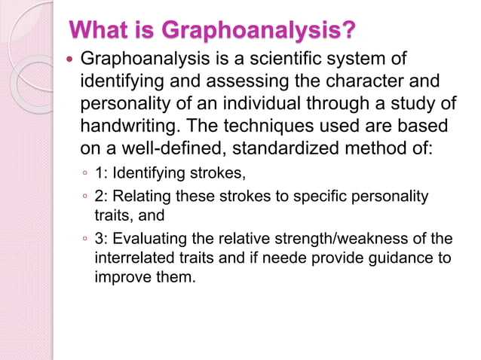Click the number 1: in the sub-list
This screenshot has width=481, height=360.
[x=102, y=175]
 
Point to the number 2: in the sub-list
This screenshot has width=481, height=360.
[x=102, y=197]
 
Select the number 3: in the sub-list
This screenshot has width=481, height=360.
[x=102, y=239]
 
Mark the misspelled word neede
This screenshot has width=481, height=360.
[x=303, y=258]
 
